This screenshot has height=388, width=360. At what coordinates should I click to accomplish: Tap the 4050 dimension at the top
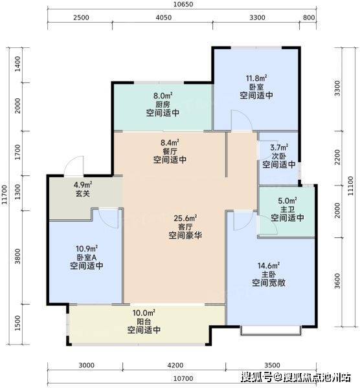click(163, 17)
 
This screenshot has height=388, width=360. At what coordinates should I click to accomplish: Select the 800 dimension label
click(309, 17)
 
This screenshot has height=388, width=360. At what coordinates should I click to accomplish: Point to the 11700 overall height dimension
click(5, 195)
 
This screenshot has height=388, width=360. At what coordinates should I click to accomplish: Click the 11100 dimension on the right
click(350, 186)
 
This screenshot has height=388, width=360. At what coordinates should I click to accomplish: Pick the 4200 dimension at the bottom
click(175, 365)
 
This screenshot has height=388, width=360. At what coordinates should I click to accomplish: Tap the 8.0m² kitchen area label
click(163, 95)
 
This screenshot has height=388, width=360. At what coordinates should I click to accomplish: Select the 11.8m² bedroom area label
click(256, 78)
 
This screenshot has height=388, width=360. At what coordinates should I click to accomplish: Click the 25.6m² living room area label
click(185, 219)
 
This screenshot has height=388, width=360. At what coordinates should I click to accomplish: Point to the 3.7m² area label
click(279, 147)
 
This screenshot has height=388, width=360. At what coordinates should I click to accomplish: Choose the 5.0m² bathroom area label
click(287, 200)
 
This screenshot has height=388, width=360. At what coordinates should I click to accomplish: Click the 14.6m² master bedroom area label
click(269, 266)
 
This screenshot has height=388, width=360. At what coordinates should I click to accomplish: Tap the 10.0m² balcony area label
click(144, 313)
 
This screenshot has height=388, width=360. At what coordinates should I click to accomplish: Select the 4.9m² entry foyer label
click(83, 184)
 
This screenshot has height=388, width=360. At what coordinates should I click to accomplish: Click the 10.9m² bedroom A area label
click(87, 248)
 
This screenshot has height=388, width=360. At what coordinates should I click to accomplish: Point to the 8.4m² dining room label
click(170, 143)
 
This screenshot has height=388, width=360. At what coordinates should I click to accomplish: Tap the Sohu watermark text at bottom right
click(297, 378)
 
